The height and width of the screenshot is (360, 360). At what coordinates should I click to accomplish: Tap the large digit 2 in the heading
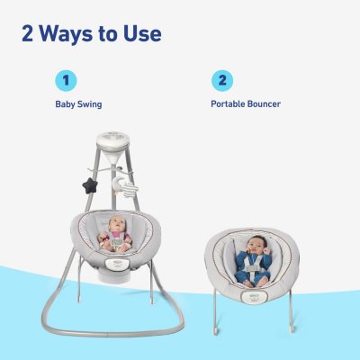28,33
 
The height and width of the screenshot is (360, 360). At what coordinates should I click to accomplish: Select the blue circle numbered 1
66,80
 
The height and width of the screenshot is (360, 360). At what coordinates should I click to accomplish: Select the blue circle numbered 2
222,80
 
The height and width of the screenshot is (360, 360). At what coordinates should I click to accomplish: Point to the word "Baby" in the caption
65,104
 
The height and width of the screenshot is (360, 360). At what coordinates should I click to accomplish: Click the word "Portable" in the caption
228,104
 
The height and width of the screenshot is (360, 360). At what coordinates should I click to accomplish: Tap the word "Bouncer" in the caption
264,104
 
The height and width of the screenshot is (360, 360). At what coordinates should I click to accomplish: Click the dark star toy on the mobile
89,185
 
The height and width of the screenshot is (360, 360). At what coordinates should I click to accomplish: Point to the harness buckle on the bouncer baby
251,265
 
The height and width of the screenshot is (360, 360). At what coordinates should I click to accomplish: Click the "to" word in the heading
106,35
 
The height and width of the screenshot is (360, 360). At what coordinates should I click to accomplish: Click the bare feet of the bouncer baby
254,283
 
